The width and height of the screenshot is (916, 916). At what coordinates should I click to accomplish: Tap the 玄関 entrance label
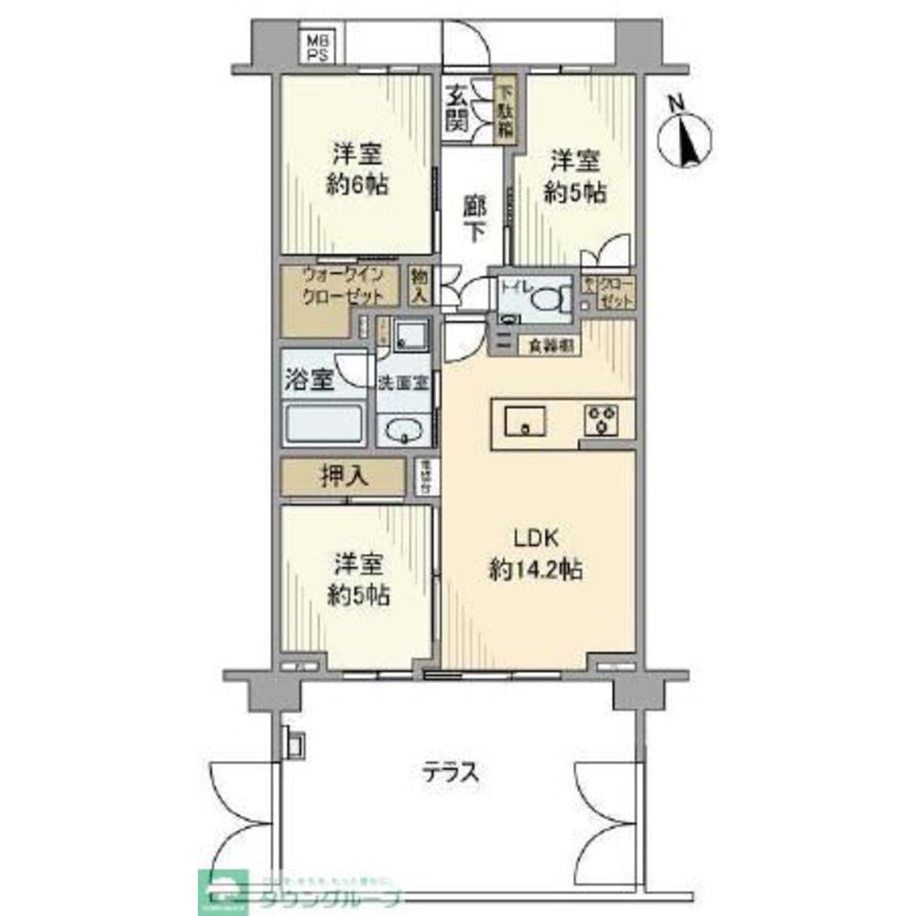(456, 108)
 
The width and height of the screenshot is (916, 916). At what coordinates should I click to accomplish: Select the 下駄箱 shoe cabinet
(505, 109)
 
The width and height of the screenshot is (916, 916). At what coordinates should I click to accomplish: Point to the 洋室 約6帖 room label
(358, 169)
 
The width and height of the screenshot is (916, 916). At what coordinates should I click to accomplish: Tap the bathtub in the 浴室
(325, 426)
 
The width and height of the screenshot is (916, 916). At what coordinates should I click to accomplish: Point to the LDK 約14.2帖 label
(536, 553)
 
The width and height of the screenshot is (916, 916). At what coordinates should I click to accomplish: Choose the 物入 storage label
(420, 286)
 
